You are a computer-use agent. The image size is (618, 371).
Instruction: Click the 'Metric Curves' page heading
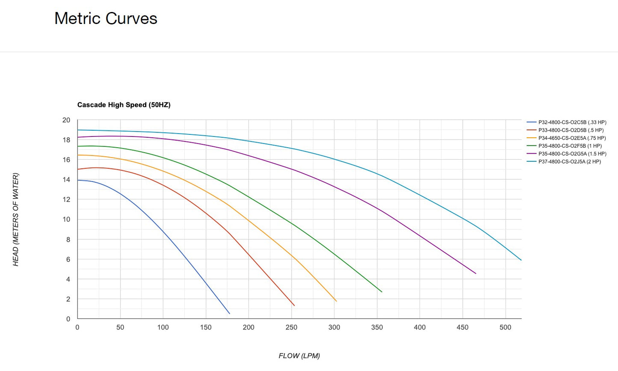106,18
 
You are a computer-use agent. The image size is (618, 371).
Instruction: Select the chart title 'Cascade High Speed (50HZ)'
124,105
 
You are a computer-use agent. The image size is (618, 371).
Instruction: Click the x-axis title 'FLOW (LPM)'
299,356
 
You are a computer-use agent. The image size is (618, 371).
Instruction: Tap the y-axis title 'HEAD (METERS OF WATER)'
16,219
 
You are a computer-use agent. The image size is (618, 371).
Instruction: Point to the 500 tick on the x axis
505,327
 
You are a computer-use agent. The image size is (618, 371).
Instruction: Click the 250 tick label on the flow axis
291,327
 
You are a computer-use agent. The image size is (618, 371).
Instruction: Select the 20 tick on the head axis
66,120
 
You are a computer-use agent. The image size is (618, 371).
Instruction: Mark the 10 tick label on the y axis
66,220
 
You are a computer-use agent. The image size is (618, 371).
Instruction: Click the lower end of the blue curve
229,314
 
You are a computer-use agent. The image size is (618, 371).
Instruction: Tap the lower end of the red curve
294,306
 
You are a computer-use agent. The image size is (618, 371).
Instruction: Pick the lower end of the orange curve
336,301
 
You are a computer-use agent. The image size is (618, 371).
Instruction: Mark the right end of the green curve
381,292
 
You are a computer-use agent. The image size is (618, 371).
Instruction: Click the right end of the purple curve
476,273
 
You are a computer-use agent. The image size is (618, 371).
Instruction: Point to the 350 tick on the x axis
377,327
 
